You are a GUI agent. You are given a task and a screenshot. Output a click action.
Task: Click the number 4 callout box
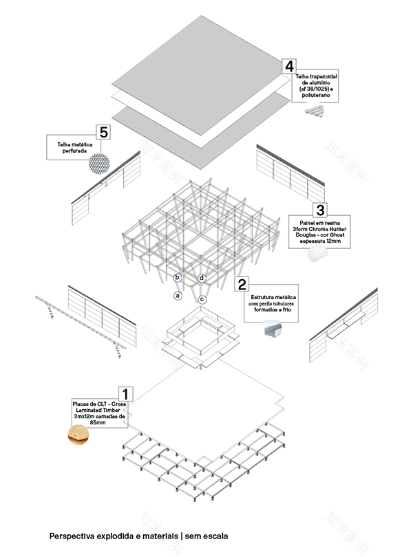[x=289, y=66]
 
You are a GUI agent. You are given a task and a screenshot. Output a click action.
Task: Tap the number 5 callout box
[x=103, y=131]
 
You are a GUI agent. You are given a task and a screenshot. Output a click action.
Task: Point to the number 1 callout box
[x=127, y=394]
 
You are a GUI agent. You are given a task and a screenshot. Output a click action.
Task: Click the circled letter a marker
[x=178, y=296]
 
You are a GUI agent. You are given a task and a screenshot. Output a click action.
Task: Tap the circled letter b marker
[x=177, y=278]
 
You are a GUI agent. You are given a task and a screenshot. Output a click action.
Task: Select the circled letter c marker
[x=202, y=299]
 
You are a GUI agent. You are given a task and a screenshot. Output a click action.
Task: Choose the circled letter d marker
[x=202, y=278]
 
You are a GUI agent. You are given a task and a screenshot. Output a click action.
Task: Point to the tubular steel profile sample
[x=268, y=331]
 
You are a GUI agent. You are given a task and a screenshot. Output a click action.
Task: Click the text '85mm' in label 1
[x=97, y=422]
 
